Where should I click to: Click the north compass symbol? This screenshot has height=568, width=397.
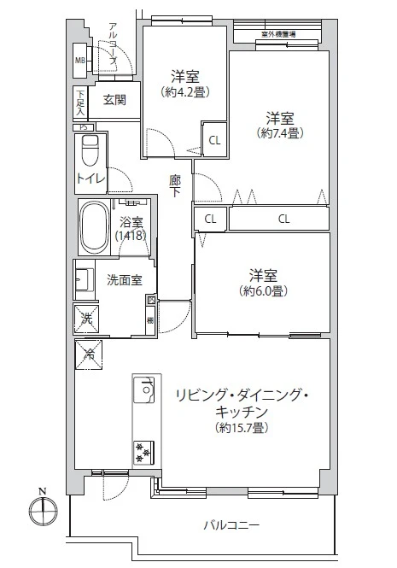(42, 513)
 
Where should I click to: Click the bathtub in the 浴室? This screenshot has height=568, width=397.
(93, 226)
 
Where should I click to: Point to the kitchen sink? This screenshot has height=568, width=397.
(143, 392)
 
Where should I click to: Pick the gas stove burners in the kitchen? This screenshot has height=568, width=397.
(143, 449)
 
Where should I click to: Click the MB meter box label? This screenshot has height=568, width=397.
(79, 60)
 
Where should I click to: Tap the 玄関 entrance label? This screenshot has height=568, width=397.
(115, 100)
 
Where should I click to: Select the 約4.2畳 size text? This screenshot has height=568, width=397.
(184, 91)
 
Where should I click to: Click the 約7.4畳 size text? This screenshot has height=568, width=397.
(279, 133)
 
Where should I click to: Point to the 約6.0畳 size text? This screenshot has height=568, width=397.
(262, 290)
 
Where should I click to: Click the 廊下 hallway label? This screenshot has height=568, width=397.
(174, 185)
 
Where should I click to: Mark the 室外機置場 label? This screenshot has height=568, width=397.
(278, 35)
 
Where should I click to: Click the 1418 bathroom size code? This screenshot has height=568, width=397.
(131, 236)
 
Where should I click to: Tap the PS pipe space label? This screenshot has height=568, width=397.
(83, 127)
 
